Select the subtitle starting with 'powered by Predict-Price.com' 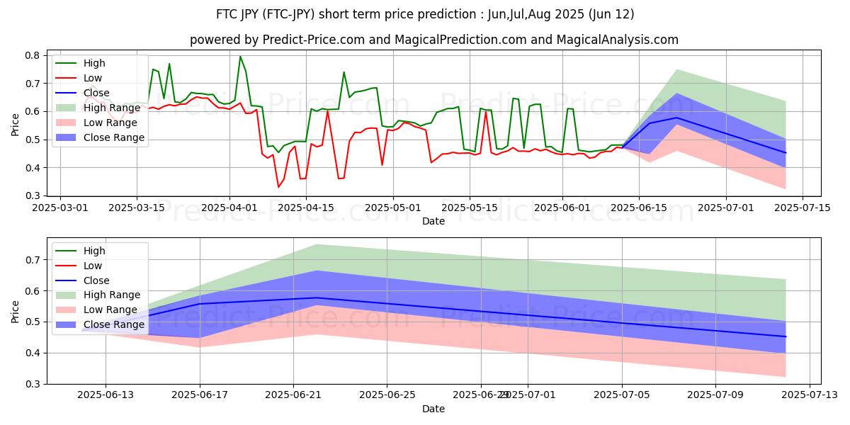[x=433, y=40]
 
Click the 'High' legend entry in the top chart [x=94, y=63]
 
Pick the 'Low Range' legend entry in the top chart [x=109, y=123]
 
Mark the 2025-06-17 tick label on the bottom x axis [x=200, y=395]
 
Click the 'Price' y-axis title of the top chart [x=16, y=124]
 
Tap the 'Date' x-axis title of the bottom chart [x=433, y=409]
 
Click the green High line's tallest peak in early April [x=240, y=57]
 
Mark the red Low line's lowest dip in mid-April [x=278, y=187]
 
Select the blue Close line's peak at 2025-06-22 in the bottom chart [x=317, y=297]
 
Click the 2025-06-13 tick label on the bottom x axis [x=106, y=395]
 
